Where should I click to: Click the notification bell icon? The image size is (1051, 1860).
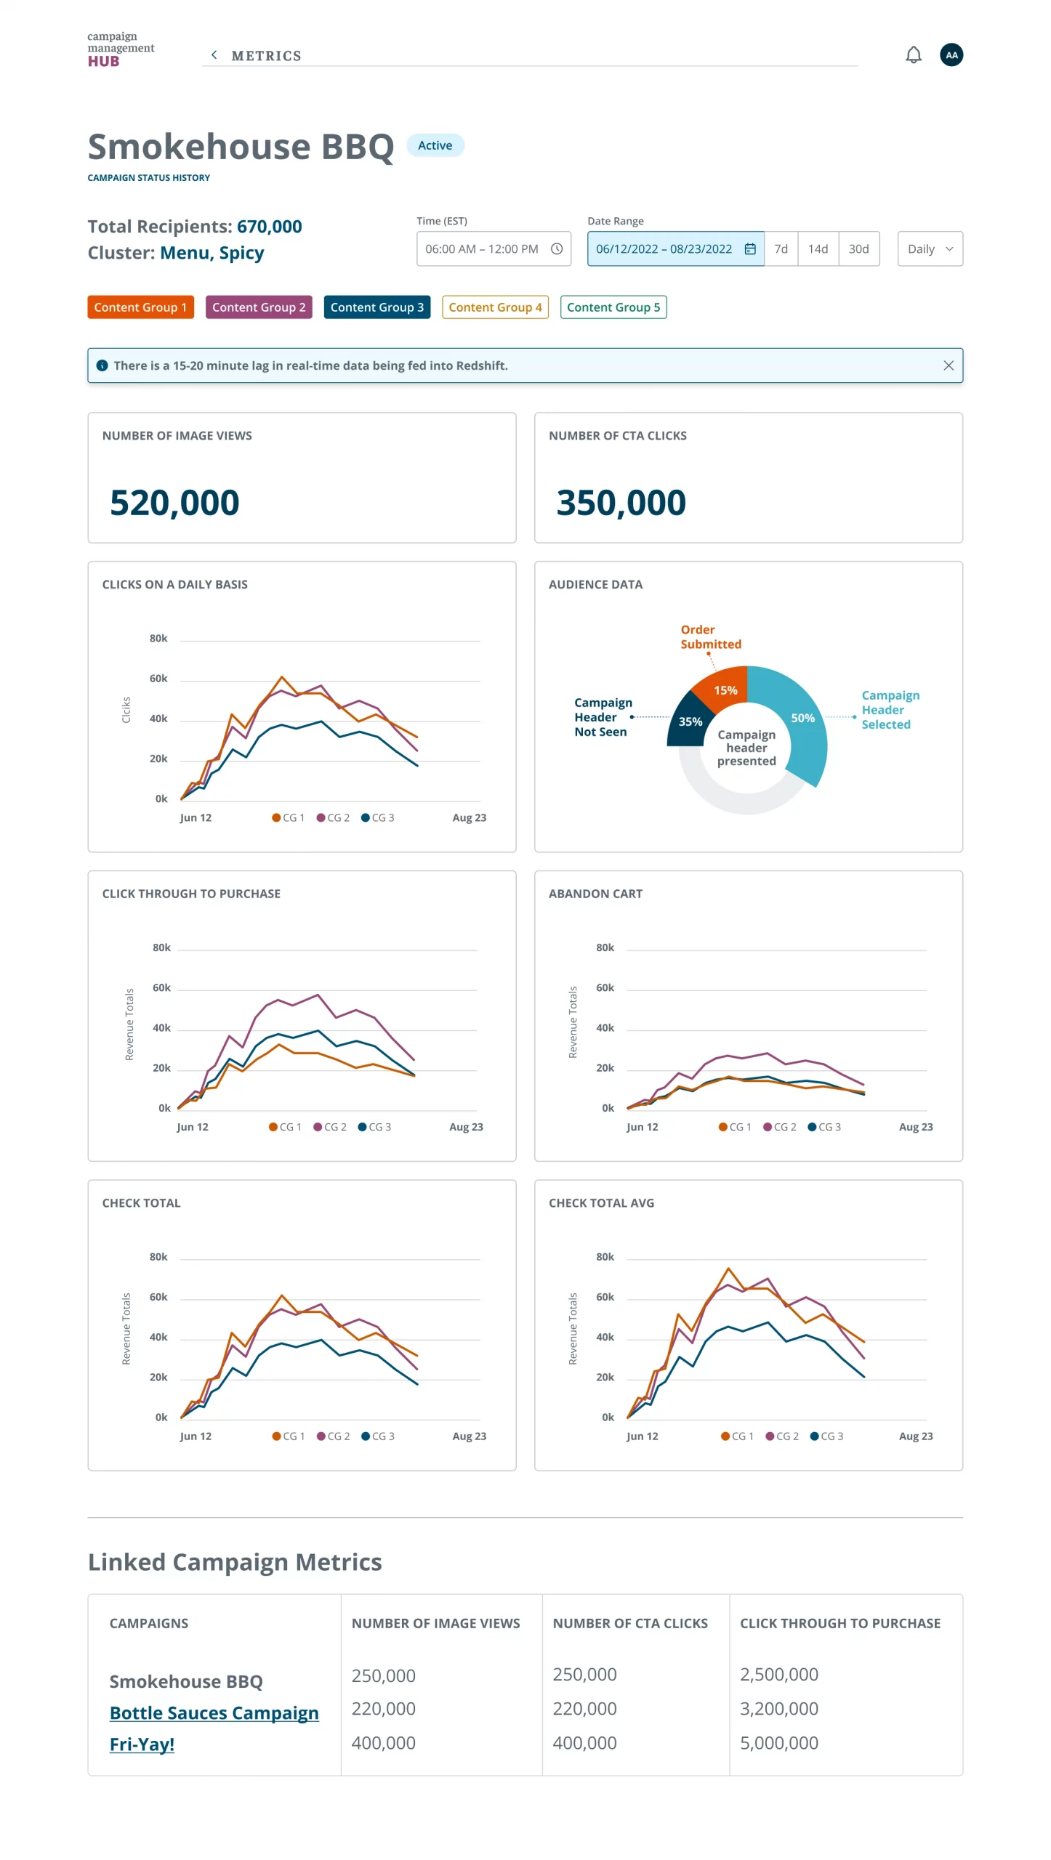tap(913, 55)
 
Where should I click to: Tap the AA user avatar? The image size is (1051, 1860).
tap(951, 55)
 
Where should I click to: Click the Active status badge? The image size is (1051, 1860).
tap(435, 145)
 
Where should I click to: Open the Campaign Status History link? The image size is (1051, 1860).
tap(148, 178)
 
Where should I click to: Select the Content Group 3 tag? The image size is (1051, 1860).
tap(376, 307)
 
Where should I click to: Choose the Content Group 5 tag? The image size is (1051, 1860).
tap(613, 307)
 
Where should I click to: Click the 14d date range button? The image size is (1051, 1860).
tap(817, 249)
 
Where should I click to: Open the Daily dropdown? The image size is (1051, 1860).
tap(929, 249)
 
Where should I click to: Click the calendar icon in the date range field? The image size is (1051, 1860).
tap(749, 249)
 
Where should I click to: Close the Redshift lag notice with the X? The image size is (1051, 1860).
tap(948, 365)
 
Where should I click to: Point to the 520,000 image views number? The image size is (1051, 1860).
tap(174, 503)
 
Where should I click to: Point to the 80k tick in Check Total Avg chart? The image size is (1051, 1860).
tap(605, 1257)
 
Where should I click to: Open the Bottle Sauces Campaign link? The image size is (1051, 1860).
tap(214, 1713)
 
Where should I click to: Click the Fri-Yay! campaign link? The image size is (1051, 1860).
tap(142, 1744)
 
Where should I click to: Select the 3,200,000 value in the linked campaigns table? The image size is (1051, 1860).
tap(778, 1708)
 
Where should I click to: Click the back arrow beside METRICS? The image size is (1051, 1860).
tap(214, 55)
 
